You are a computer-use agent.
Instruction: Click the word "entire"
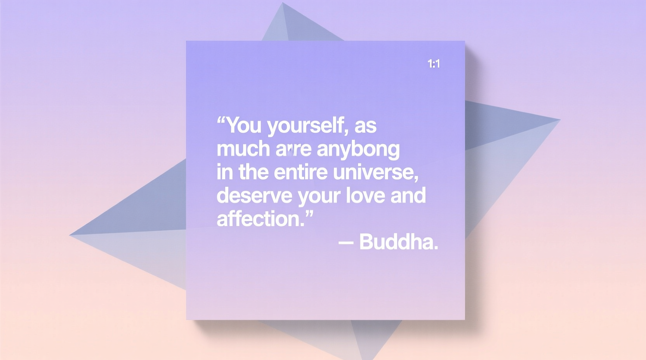[x=300, y=172]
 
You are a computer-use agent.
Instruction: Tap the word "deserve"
[x=254, y=195]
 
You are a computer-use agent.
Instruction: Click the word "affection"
[x=258, y=219]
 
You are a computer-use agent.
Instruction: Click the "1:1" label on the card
[x=434, y=64]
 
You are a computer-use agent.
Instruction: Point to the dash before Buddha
[x=346, y=242]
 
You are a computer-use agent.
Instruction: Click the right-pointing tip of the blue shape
[x=559, y=120]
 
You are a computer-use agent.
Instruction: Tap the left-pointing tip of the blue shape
[x=70, y=235]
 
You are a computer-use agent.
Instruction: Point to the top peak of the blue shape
[x=283, y=3]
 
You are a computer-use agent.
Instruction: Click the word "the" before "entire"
[x=253, y=172]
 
